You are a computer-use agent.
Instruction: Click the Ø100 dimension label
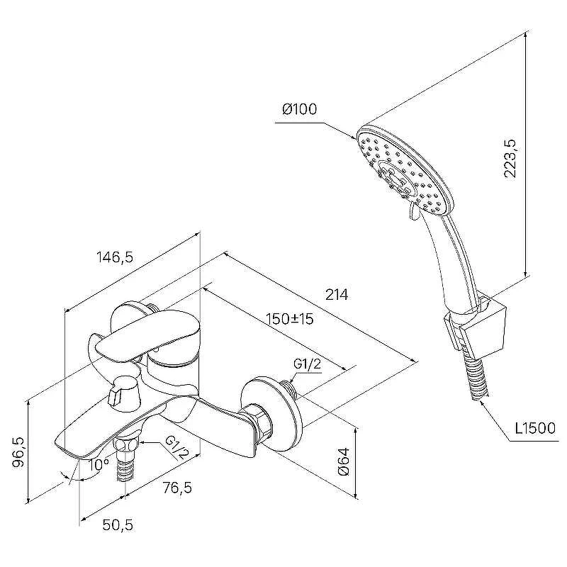tap(299, 109)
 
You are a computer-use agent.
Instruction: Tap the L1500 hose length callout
tap(535, 428)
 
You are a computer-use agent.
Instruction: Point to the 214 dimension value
tap(337, 294)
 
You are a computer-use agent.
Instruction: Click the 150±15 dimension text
tap(290, 319)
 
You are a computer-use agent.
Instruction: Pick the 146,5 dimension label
tap(115, 257)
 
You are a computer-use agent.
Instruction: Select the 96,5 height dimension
tap(19, 452)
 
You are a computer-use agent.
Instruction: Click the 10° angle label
tap(99, 465)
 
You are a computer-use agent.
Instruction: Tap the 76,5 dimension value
tap(177, 488)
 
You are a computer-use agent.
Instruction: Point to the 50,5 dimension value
tap(118, 524)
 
